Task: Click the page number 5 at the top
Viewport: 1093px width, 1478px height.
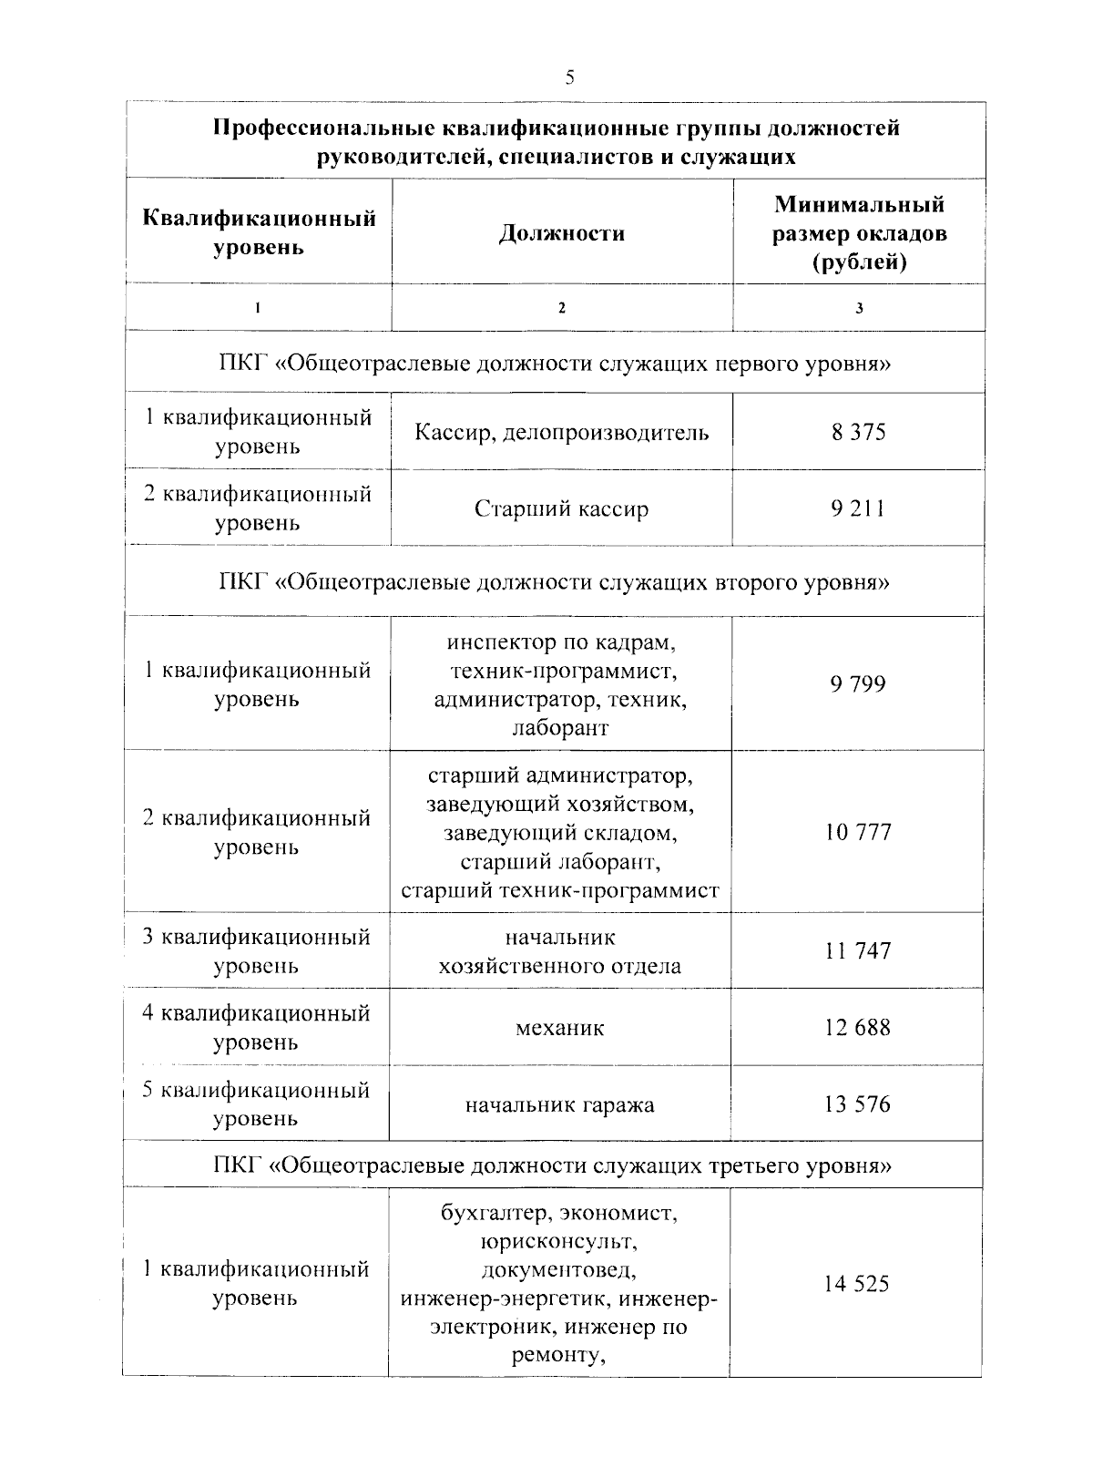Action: pos(569,77)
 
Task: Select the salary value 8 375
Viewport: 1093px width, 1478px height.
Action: pos(857,432)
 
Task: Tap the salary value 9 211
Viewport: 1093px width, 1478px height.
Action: pos(857,508)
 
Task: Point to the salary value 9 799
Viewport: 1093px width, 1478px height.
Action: pos(857,684)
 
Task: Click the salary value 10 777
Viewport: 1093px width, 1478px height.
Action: pos(857,832)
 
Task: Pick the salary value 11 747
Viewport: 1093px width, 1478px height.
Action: pos(857,951)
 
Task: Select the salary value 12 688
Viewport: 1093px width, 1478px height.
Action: pos(857,1028)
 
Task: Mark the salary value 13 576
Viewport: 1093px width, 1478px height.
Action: pos(857,1104)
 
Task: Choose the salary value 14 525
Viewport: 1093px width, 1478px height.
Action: pos(856,1284)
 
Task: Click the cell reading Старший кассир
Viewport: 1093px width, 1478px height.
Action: pos(561,508)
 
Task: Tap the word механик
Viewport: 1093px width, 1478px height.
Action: pos(560,1029)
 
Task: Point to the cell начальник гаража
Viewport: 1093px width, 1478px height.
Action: pos(560,1105)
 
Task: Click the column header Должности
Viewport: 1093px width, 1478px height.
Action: pos(562,233)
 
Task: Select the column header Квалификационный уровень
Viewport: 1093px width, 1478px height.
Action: pos(260,232)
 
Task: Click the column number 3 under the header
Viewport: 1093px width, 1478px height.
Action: pos(858,308)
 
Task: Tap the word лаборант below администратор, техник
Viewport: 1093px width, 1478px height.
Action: pos(560,728)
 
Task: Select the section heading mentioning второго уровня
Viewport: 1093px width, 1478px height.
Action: pos(554,581)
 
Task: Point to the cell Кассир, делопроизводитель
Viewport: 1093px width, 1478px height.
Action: pos(561,432)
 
